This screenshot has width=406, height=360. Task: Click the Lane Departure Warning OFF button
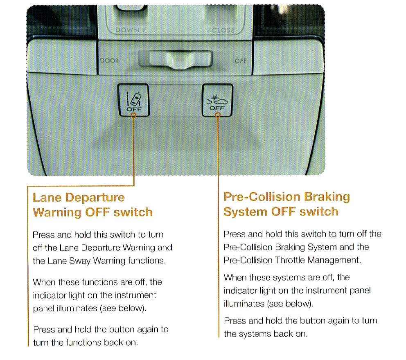tap(133, 100)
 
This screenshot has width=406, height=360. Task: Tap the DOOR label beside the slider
tap(110, 61)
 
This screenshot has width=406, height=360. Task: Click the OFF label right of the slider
tap(241, 61)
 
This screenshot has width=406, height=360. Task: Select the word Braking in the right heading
tap(327, 197)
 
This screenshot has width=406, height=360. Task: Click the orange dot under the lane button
tap(133, 115)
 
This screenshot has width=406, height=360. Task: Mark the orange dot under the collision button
tap(218, 115)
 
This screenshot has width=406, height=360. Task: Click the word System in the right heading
tap(245, 212)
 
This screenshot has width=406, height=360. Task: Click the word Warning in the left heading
tap(57, 212)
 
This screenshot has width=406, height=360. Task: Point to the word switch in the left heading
tap(133, 212)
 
